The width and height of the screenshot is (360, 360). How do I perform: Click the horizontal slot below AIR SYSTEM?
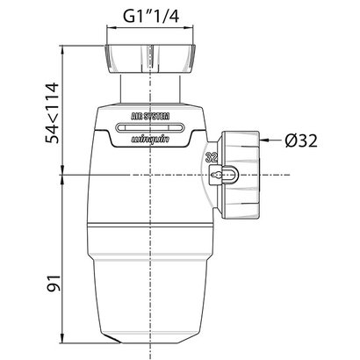(150, 126)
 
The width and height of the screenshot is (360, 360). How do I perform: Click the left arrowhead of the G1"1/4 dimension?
(108, 27)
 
